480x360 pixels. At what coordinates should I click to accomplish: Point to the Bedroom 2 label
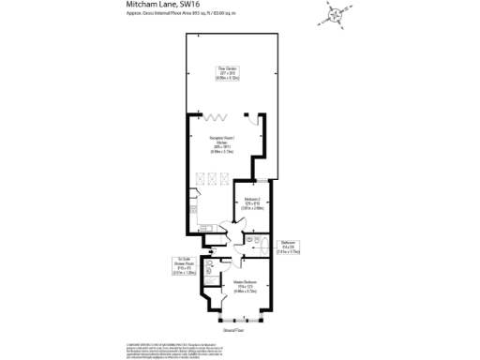tap(252, 203)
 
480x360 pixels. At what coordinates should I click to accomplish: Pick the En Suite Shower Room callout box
tap(183, 266)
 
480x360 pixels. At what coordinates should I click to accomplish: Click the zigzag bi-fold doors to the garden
tap(215, 116)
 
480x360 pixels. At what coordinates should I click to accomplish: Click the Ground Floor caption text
tap(232, 330)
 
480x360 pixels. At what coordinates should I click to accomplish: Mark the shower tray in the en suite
tap(212, 270)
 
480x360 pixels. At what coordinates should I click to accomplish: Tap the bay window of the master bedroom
tap(233, 315)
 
